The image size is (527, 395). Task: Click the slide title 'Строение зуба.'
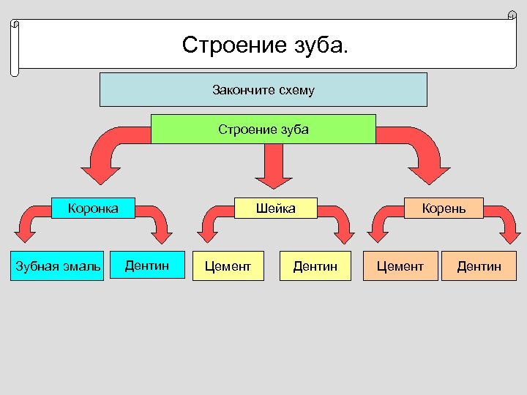click(x=266, y=45)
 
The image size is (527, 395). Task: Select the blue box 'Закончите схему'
click(x=263, y=90)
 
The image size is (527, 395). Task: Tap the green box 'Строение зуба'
click(x=263, y=129)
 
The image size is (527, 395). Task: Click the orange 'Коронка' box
click(x=92, y=208)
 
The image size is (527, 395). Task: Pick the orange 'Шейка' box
click(x=275, y=208)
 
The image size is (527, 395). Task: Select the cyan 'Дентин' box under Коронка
click(x=146, y=266)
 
